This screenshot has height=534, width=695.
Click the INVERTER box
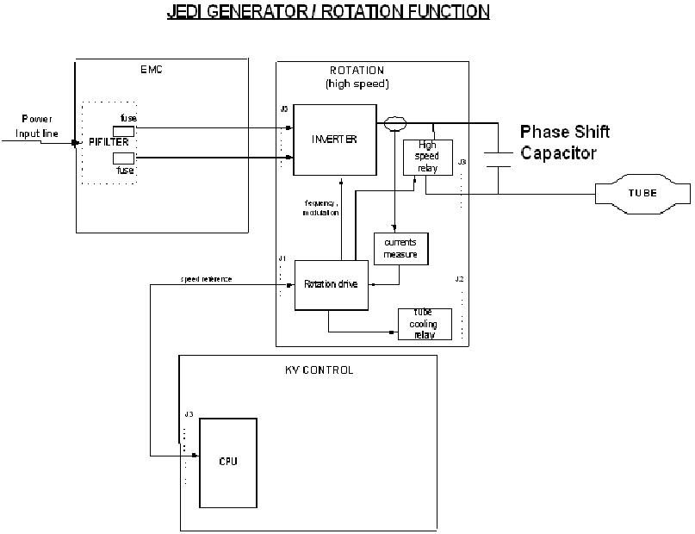(x=335, y=140)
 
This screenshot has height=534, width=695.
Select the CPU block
(x=227, y=463)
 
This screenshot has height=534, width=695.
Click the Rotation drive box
(x=332, y=283)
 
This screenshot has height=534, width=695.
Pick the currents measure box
(x=400, y=248)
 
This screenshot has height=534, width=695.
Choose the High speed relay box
(x=428, y=157)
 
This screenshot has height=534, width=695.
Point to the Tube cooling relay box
(x=425, y=324)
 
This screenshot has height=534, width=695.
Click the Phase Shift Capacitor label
(x=565, y=142)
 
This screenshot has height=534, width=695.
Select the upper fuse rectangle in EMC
(x=124, y=130)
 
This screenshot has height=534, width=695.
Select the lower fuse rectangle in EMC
(x=124, y=158)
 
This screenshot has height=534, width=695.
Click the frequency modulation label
(x=321, y=208)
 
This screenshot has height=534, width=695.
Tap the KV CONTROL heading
(x=319, y=370)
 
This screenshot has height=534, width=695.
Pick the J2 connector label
(x=460, y=279)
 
